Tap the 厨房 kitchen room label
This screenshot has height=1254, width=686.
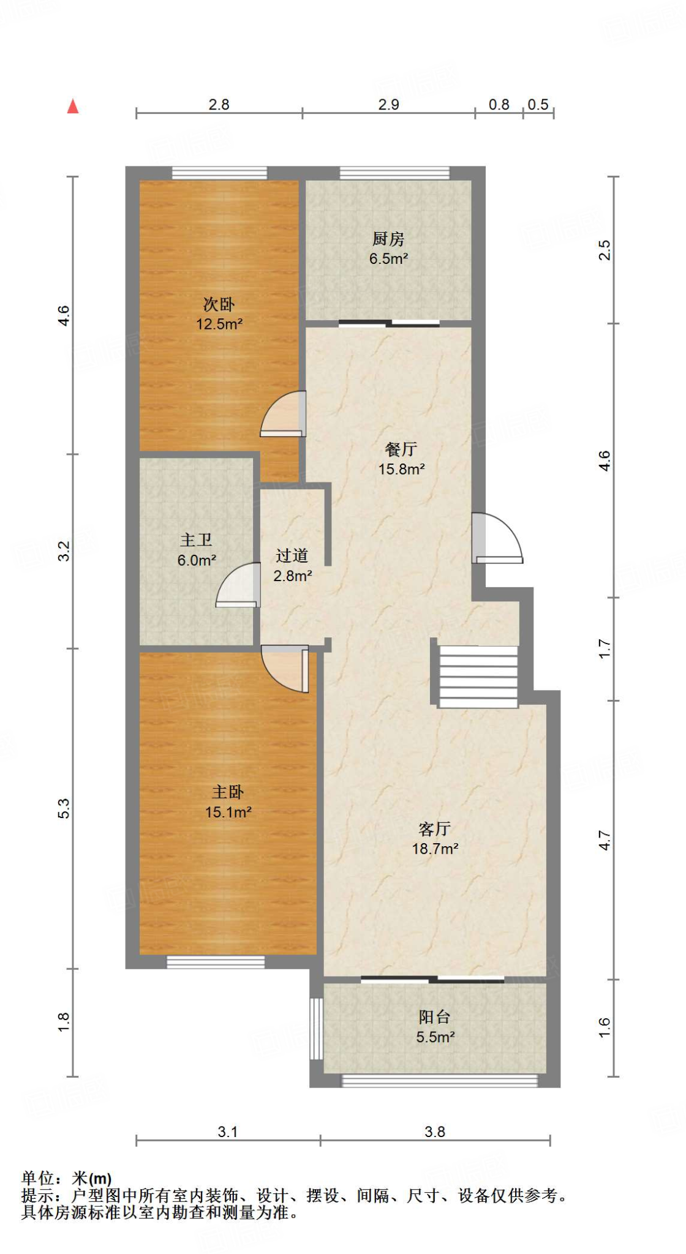pos(388,239)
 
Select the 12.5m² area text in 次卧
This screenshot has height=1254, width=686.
pos(219,324)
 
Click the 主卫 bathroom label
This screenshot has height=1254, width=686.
pos(196,540)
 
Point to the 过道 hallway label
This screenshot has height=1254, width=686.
pos(292,555)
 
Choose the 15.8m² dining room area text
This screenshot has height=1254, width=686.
pos(401,469)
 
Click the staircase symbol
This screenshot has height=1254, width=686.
pos(478,676)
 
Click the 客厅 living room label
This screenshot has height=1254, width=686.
pos(435,829)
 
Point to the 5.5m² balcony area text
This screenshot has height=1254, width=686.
pos(435,1037)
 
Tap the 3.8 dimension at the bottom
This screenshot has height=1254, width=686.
pos(435,1132)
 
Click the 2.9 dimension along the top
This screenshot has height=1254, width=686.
pos(388,105)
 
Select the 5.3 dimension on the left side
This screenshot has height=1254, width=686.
pos(64,808)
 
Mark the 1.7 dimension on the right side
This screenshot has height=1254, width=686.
pos(605,648)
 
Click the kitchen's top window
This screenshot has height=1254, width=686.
pos(394,173)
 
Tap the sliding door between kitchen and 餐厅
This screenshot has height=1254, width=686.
pos(389,323)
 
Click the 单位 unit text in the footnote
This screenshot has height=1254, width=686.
pos(37,1179)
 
